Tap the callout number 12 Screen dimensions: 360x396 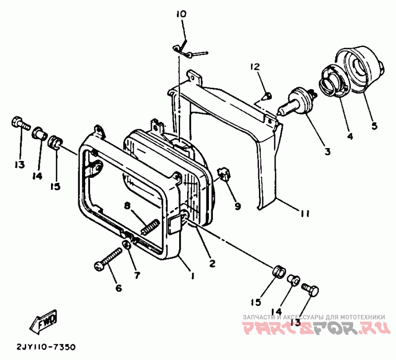tap(254, 67)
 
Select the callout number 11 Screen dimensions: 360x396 tap(304, 214)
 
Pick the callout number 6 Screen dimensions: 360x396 tap(118, 288)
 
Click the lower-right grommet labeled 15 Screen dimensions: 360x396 tap(278, 271)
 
